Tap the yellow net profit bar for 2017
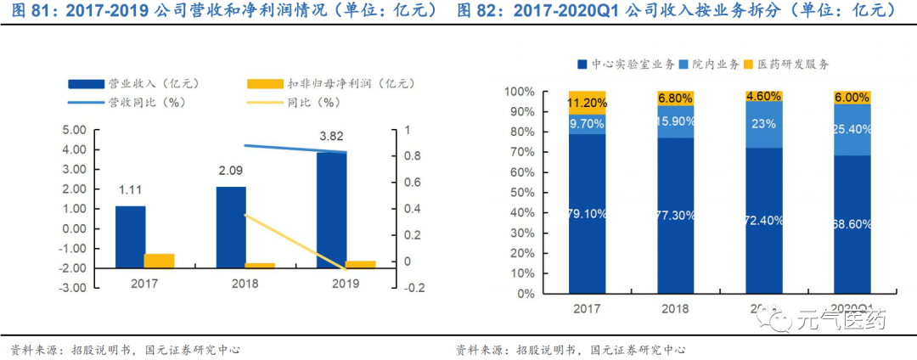[x=159, y=261]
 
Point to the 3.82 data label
[x=332, y=136]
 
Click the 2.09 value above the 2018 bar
[x=232, y=171]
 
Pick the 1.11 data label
[x=130, y=190]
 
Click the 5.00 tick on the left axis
[x=76, y=130]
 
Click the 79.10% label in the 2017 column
[x=587, y=214]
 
